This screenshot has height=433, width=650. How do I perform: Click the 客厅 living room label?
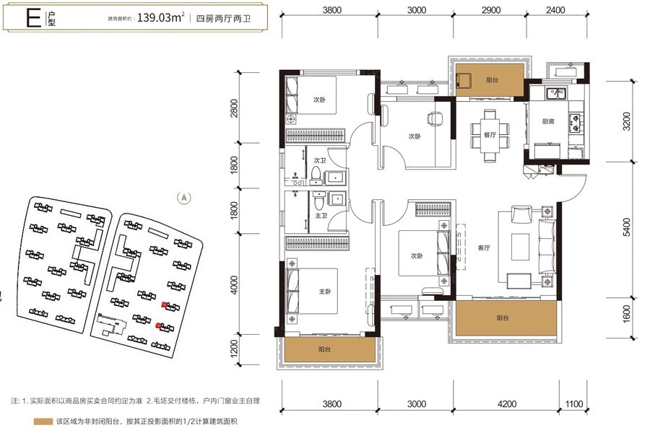(484, 248)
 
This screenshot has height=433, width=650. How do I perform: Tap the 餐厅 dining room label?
(490, 135)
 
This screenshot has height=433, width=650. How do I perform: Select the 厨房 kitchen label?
(548, 121)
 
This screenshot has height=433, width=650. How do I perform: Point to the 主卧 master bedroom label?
(325, 292)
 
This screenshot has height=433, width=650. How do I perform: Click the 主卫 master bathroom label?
(321, 216)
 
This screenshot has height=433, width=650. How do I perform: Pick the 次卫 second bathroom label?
(320, 160)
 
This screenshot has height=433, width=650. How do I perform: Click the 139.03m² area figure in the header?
(161, 17)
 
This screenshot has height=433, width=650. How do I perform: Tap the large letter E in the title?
(33, 18)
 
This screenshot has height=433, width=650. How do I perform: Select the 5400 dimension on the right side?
(626, 227)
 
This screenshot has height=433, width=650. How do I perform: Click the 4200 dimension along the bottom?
(506, 403)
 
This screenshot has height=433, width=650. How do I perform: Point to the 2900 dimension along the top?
(491, 9)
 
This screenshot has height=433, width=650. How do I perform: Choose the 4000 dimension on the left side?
(234, 285)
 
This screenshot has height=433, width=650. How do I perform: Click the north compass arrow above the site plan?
(184, 198)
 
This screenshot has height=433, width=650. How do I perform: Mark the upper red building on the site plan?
(165, 305)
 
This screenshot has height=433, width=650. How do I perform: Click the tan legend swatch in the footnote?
(43, 421)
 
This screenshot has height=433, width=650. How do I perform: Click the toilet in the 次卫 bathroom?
(316, 175)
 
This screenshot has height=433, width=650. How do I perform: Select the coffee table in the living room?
(520, 247)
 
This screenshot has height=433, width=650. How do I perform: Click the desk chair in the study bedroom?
(435, 118)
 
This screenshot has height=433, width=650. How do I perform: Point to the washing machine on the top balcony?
(464, 80)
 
